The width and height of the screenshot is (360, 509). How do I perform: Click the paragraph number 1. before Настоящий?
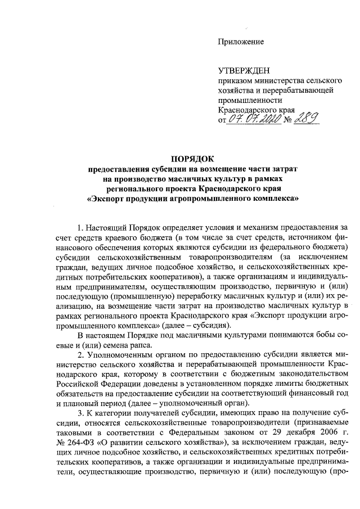pos(79,227)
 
